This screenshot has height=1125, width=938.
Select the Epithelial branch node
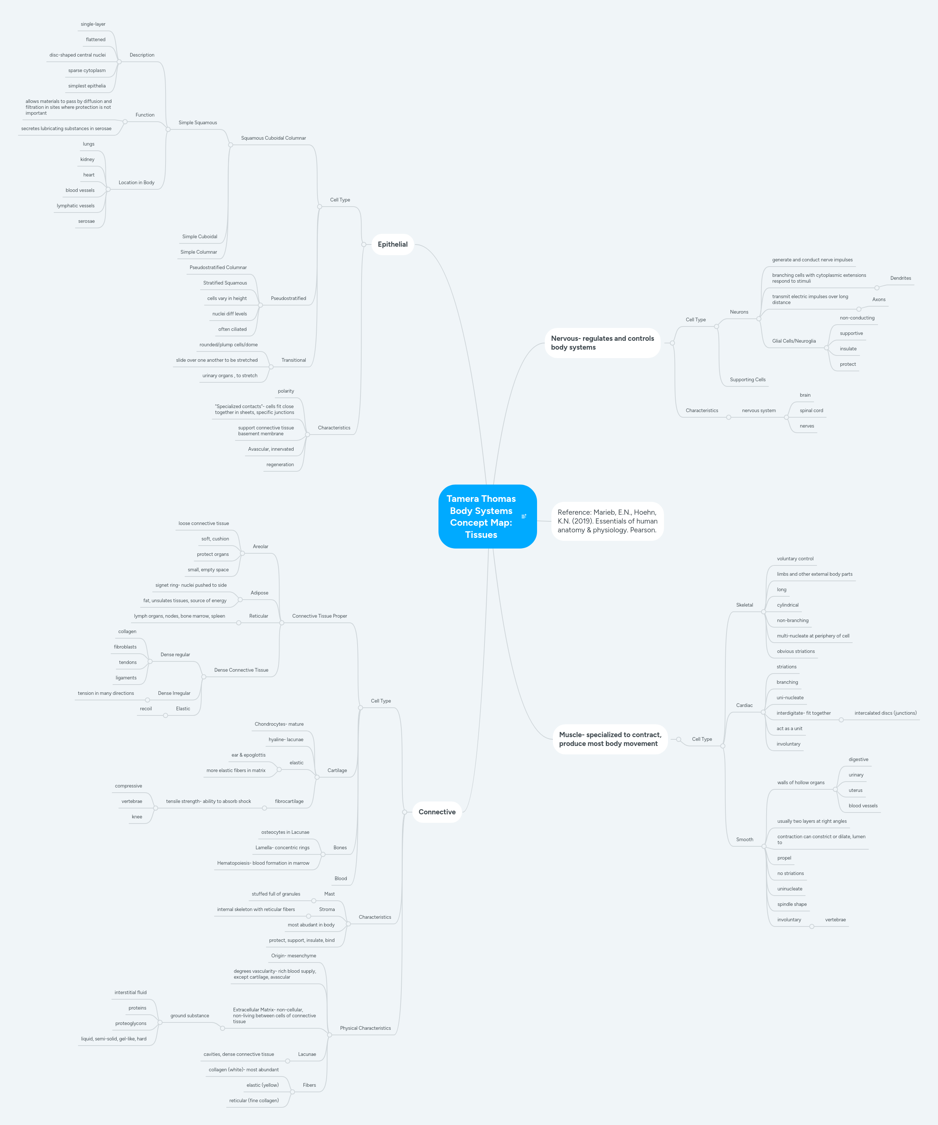coord(392,244)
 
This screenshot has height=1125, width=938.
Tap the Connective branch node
coord(437,812)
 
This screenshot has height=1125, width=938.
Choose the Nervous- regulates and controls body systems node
coord(603,343)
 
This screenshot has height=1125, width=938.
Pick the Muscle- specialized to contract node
coord(610,739)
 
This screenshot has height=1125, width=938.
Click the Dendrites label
coord(900,278)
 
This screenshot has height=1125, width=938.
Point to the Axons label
coord(878,300)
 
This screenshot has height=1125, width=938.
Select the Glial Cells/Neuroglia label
coord(794,341)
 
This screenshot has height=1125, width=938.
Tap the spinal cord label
coord(811,410)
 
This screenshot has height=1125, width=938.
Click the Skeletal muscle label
coord(745,605)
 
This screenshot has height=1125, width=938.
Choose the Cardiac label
coord(744,705)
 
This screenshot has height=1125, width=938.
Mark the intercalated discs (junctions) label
coord(885,713)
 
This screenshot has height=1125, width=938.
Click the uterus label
coord(856,790)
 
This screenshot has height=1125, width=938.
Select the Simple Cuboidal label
coord(199,237)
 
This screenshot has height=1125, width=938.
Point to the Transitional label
coord(294,360)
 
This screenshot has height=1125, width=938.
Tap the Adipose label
coord(259,593)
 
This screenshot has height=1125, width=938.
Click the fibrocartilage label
coord(289,801)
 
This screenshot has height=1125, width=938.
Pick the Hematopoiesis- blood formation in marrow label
coord(263,863)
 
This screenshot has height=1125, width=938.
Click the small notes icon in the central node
coord(524,517)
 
